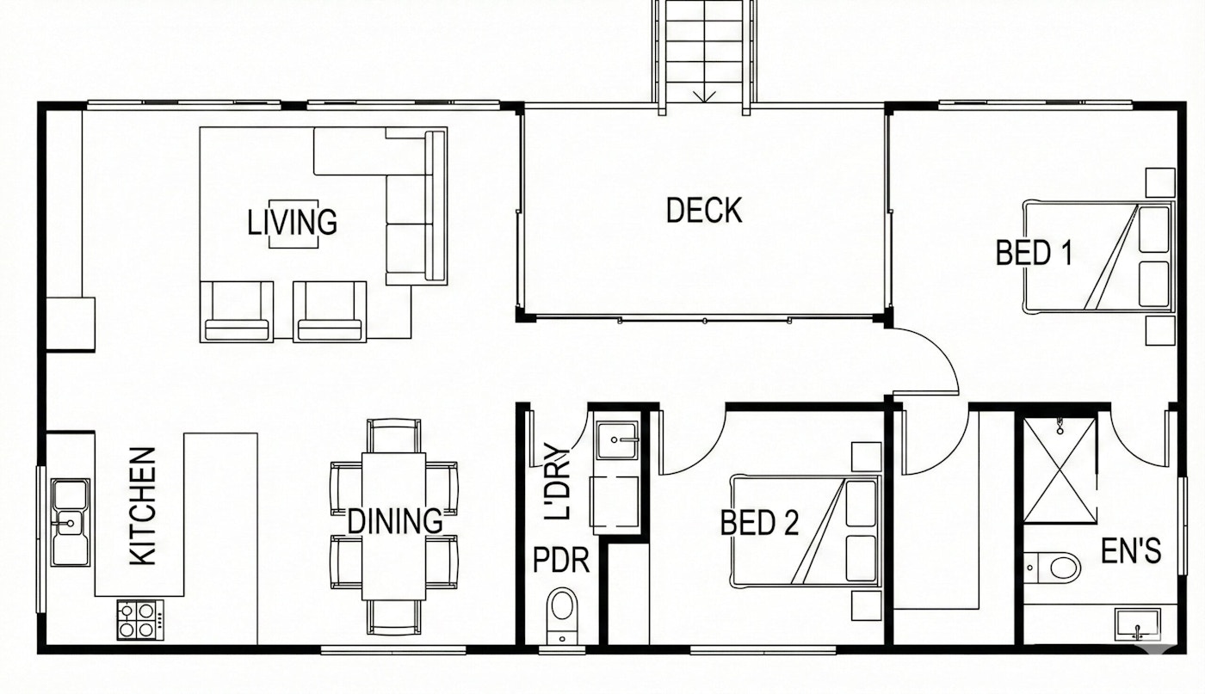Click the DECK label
704,210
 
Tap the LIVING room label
292,222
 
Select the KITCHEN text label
143,507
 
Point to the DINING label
395,521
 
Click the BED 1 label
1034,253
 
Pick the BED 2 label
759,523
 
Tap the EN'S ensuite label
1131,551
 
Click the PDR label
561,560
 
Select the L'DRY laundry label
557,482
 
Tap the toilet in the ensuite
1051,567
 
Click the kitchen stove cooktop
139,620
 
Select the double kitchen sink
71,523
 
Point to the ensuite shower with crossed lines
1060,470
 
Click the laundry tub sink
618,441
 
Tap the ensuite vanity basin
1137,624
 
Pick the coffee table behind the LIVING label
294,224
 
